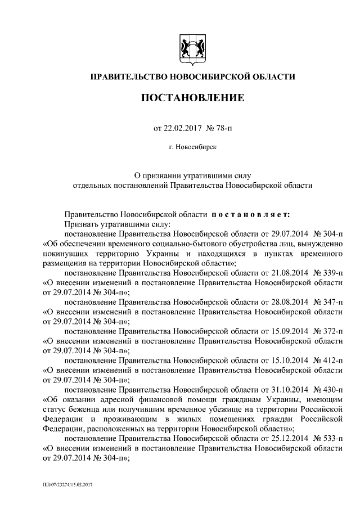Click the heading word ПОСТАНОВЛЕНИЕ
point(192,98)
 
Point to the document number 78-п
point(219,128)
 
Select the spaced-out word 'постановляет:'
point(251,214)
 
